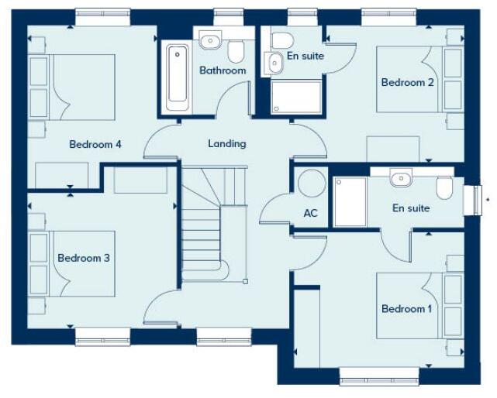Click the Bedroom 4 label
click(x=95, y=144)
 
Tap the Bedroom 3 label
click(x=84, y=258)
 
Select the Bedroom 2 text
click(x=407, y=82)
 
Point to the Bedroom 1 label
click(x=407, y=309)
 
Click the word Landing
click(x=227, y=143)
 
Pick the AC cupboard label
click(x=311, y=213)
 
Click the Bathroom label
click(x=223, y=70)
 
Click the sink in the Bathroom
click(x=209, y=41)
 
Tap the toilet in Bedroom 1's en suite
click(x=444, y=187)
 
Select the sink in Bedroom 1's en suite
click(x=401, y=180)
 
